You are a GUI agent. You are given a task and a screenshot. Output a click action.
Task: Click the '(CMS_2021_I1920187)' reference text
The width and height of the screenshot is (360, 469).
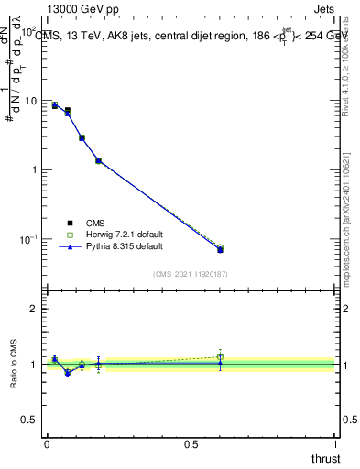tap(191, 274)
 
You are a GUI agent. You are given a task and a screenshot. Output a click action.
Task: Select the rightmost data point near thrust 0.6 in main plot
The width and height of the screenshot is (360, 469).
tap(220, 249)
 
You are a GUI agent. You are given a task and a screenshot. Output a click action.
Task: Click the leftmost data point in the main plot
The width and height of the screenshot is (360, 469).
tap(55, 105)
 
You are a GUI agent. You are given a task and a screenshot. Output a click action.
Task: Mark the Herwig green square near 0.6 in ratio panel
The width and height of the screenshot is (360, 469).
tap(220, 356)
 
